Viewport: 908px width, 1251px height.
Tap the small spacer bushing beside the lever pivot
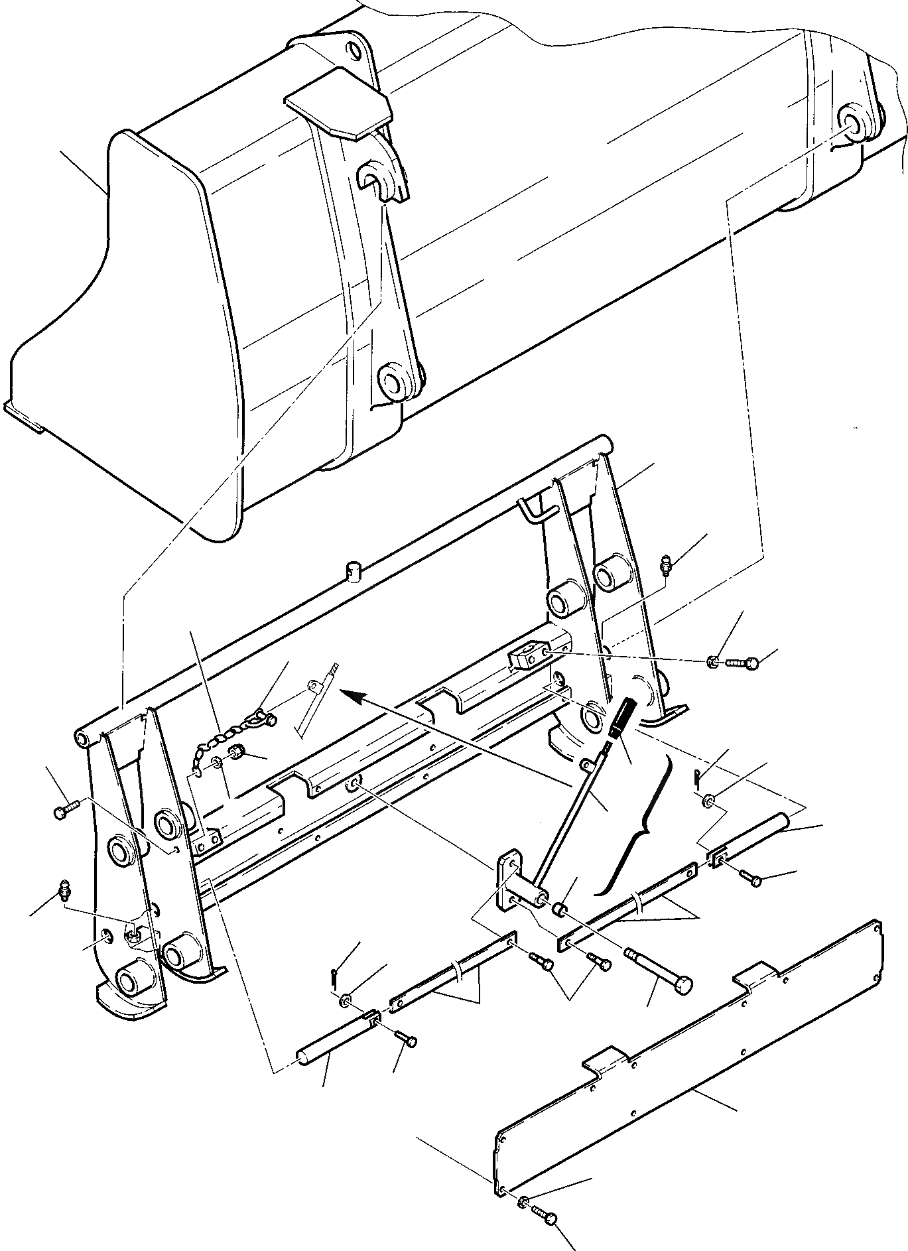pos(561,907)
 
